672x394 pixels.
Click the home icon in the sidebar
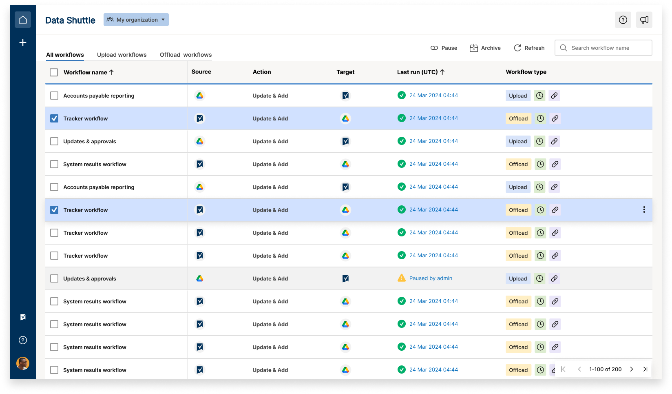point(23,20)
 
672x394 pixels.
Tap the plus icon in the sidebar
point(23,42)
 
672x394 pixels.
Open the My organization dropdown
point(136,20)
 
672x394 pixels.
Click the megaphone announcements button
point(644,20)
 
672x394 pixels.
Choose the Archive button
point(485,48)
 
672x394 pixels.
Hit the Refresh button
point(529,48)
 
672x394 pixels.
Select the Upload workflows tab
point(122,55)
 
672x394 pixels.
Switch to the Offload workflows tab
point(186,55)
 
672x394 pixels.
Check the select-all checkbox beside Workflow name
point(54,72)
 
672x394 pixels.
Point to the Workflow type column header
point(526,72)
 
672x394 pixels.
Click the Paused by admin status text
point(431,278)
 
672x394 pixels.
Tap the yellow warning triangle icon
point(402,278)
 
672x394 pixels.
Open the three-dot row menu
point(644,209)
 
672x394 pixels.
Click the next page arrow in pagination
point(632,369)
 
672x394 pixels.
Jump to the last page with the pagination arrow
point(645,369)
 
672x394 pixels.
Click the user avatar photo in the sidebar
point(23,363)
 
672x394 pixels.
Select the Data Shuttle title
point(70,20)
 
